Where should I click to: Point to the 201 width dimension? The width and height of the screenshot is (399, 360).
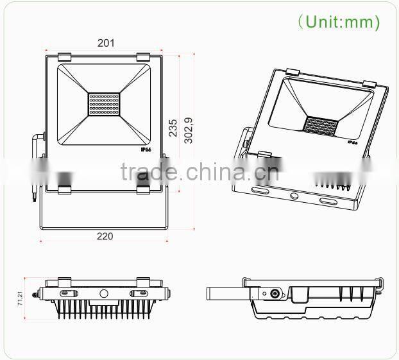tap(106, 43)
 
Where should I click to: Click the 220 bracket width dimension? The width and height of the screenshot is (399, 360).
tap(105, 236)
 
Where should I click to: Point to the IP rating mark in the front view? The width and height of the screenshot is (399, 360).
tap(146, 148)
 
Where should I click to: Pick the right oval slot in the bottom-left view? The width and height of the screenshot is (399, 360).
tap(141, 292)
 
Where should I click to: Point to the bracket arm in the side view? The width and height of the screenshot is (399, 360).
tap(227, 293)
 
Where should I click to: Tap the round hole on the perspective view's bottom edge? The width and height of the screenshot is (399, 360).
tap(294, 196)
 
